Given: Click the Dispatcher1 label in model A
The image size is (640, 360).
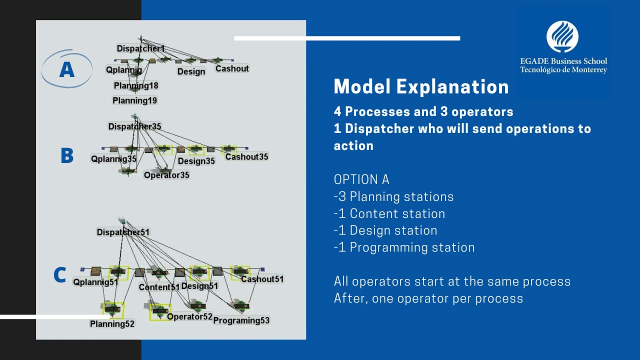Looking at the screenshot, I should coord(140,48).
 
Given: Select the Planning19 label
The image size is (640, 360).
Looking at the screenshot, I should coord(134,100).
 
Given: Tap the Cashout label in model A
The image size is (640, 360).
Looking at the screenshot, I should coord(232,68).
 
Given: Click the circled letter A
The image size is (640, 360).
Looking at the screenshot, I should coord(67,69).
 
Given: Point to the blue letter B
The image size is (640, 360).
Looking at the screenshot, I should coord(67,156).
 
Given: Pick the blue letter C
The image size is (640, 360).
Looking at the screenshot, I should coord(59,275).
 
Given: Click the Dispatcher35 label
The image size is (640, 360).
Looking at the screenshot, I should coord(134,126).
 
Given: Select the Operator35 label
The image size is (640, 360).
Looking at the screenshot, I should coord(166,175).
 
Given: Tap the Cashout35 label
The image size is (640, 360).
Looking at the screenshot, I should coord(246,156).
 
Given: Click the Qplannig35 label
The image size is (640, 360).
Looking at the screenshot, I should coord(113,159).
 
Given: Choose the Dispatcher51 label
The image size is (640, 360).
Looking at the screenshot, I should coord(123,232).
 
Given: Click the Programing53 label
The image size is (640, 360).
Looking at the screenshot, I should coord(241,320).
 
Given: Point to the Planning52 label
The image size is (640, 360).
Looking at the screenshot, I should coord(112,324).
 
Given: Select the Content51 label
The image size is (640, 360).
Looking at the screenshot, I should coord(159,287).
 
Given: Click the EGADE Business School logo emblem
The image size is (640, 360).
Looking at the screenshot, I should coord(562,37).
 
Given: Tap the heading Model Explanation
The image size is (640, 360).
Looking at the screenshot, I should coord(421,87).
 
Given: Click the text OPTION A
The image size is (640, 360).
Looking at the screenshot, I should coord(361,179).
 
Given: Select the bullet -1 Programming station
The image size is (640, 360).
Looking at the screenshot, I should coord(404,247).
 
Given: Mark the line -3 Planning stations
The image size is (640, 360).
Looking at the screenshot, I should coord(393,196).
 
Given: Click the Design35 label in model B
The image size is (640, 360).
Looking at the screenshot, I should coord(196,161).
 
